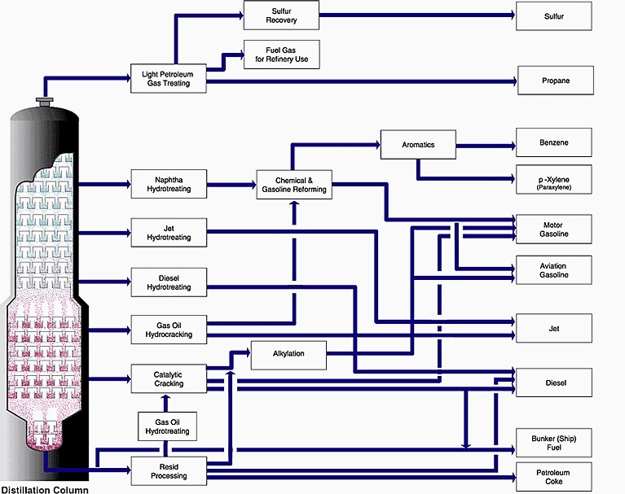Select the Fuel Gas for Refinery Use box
click(x=281, y=55)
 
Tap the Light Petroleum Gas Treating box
click(x=168, y=78)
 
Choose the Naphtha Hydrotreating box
click(x=168, y=184)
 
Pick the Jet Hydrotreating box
click(x=168, y=232)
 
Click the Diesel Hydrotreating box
click(x=168, y=281)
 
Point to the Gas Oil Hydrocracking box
click(x=168, y=329)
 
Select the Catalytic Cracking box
click(x=168, y=378)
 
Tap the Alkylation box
click(x=288, y=354)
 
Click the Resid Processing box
click(x=168, y=470)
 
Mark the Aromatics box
click(x=418, y=145)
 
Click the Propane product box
click(x=554, y=81)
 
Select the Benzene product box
click(x=554, y=143)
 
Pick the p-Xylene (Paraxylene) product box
click(x=554, y=180)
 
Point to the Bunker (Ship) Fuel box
click(x=554, y=444)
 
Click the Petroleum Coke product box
click(x=554, y=477)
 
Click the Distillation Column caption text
click(x=44, y=489)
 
